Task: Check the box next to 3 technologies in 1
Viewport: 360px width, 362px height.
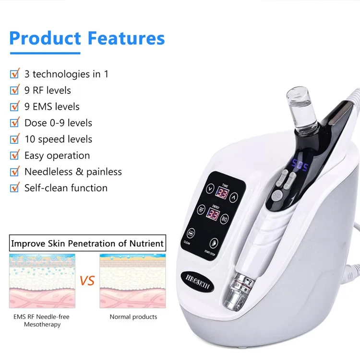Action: point(15,74)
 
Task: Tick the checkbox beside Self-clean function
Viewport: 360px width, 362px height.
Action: point(15,188)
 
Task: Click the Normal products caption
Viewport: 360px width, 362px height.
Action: point(133,317)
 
